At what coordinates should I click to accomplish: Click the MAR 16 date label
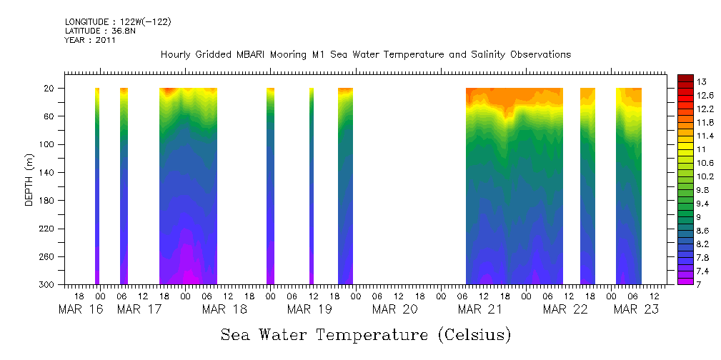point(80,309)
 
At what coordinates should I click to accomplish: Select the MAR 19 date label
point(309,309)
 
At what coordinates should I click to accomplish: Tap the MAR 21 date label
point(479,309)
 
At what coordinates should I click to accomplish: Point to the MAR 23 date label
point(636,309)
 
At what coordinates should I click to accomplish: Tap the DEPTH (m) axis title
point(29,183)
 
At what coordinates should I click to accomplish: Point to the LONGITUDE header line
point(118,22)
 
